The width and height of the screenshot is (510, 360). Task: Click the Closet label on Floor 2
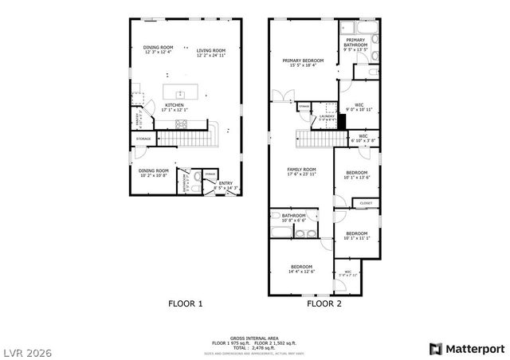[x=366, y=203]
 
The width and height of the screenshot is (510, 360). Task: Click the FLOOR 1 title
[x=185, y=303]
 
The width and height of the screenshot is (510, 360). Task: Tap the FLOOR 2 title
[x=324, y=303]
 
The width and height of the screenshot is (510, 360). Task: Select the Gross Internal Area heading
[x=255, y=338]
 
